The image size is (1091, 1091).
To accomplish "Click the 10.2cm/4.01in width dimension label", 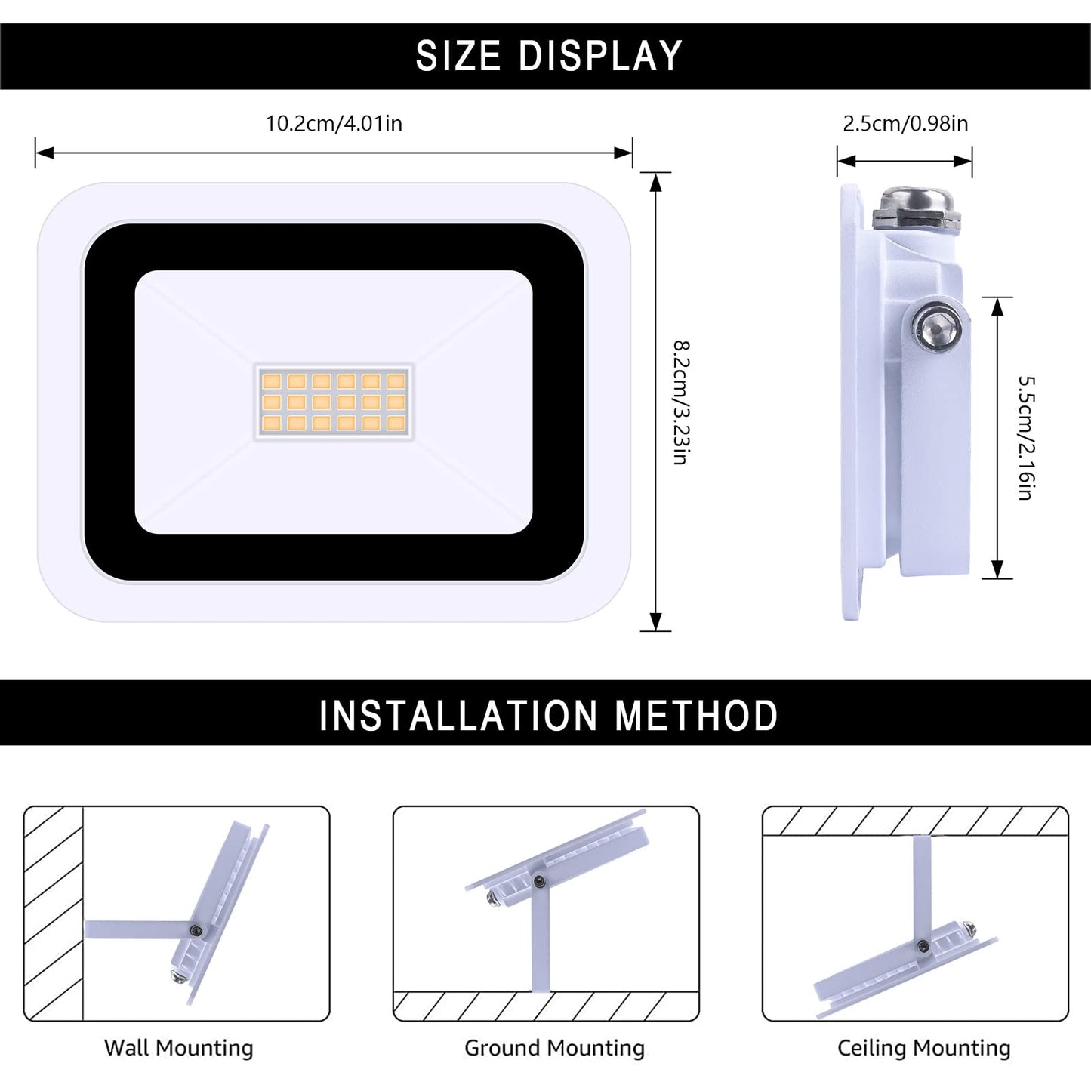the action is (334, 123).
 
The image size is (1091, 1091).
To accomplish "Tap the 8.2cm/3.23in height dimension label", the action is (680, 402).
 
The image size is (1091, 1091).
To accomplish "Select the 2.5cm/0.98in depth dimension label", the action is (905, 123).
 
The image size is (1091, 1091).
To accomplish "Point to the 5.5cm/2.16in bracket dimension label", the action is (1026, 438).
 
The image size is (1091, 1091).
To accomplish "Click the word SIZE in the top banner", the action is (458, 56).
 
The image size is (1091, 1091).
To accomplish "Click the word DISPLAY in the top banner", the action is (601, 56).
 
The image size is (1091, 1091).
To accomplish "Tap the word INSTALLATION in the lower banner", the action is (458, 716).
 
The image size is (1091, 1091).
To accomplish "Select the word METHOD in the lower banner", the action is (696, 716).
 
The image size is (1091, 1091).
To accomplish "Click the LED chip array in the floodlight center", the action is (334, 402).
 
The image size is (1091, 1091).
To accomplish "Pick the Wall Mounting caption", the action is (178, 1048).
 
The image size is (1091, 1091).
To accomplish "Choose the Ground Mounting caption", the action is (554, 1048).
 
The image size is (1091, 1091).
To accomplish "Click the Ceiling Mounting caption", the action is (924, 1048).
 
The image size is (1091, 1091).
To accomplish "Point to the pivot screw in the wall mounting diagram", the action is (196, 929).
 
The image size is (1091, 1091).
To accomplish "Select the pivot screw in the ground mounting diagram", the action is (540, 880).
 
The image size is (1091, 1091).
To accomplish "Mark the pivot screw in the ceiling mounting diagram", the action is (923, 945).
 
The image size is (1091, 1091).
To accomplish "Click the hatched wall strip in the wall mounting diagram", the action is (53, 914).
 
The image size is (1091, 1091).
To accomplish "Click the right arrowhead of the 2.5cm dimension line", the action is (963, 162).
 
